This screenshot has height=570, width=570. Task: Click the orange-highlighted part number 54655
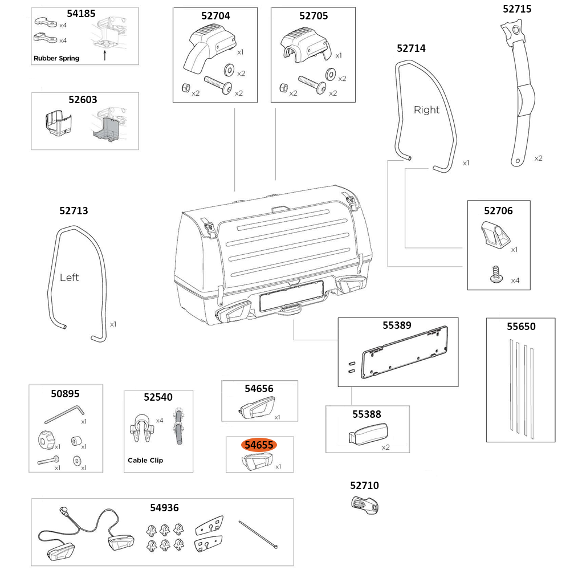click(x=259, y=445)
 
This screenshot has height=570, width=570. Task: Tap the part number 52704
click(x=215, y=16)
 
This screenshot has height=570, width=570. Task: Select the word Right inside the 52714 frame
click(x=426, y=109)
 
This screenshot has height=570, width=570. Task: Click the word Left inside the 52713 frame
click(x=70, y=278)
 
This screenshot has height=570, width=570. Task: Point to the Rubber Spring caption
click(x=56, y=58)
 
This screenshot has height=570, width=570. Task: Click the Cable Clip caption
click(x=145, y=460)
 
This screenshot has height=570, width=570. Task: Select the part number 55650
click(x=521, y=327)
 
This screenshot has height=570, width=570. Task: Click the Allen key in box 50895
click(x=63, y=413)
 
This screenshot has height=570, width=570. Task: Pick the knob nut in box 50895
click(x=45, y=440)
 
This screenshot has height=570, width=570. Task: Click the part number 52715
click(x=517, y=9)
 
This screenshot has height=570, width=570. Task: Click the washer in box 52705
click(x=330, y=74)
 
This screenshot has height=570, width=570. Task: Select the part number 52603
click(x=83, y=99)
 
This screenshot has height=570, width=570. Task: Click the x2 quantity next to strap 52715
click(x=539, y=158)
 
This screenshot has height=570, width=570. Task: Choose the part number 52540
click(x=158, y=397)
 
